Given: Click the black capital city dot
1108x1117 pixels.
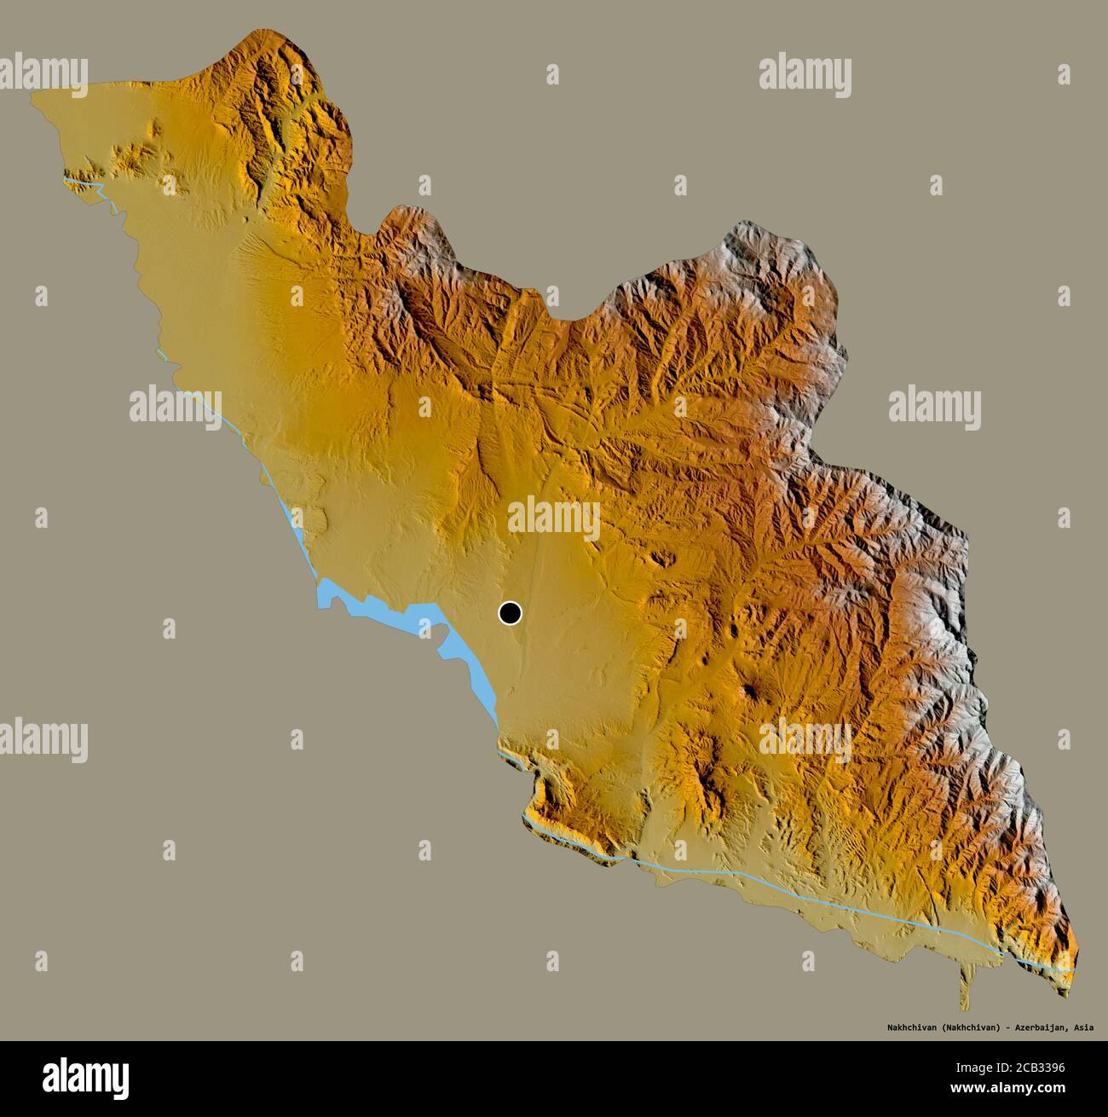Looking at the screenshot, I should coord(510,612).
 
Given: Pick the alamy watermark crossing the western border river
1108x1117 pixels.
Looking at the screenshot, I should coord(176,405).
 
